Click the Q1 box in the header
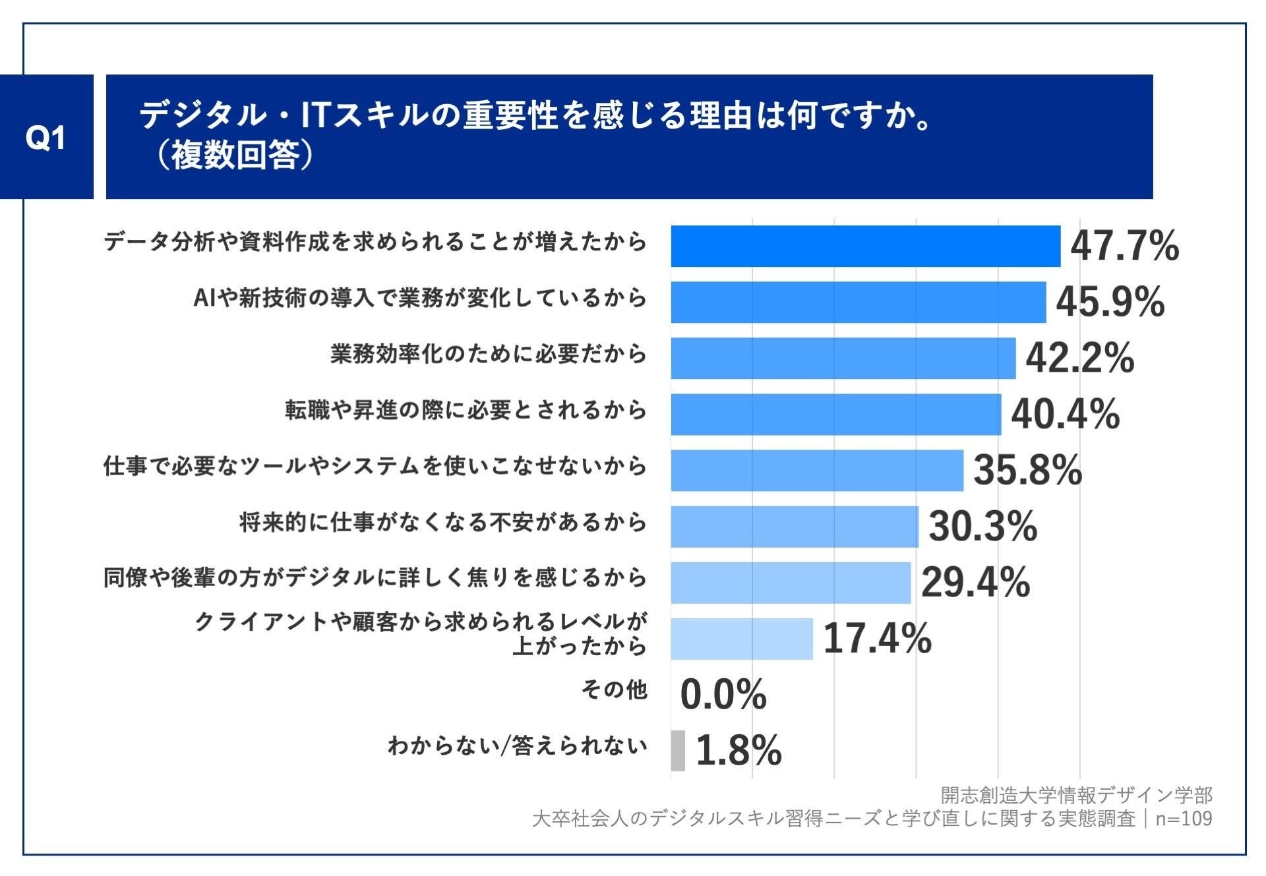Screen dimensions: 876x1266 46,137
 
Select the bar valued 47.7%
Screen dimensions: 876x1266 865,247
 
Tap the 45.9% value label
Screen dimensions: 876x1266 1110,302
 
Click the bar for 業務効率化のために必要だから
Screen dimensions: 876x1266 843,358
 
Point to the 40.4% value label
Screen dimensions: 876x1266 1064,415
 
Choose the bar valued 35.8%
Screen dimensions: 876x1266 817,470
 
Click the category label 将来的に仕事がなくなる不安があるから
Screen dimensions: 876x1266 442,523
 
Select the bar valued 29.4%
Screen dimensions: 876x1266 791,583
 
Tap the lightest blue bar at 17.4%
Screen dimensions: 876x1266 742,639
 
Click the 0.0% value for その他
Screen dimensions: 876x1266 723,695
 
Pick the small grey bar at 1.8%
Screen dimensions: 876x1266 678,750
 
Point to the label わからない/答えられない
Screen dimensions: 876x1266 517,746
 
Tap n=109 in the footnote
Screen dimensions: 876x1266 1184,819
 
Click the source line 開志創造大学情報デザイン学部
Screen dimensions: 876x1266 1075,796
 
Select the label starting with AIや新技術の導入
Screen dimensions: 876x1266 420,299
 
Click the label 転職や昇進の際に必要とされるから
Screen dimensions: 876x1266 466,411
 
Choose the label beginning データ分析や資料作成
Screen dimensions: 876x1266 375,243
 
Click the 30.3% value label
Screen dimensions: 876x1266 982,527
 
